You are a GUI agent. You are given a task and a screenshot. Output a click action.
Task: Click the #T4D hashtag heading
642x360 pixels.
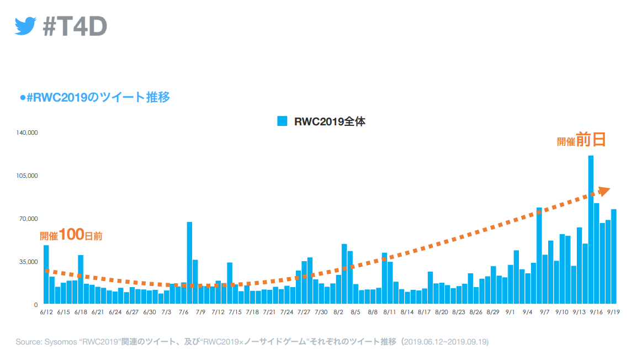click(75, 26)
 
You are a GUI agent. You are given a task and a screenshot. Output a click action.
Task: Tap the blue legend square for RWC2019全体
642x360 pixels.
click(282, 121)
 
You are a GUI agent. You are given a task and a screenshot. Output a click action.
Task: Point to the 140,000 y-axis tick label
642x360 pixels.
click(26, 133)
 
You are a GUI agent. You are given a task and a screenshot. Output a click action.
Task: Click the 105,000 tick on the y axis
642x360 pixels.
click(26, 176)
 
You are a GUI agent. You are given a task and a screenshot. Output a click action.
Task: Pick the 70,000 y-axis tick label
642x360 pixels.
click(28, 219)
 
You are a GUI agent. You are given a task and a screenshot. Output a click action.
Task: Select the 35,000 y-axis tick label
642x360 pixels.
click(28, 262)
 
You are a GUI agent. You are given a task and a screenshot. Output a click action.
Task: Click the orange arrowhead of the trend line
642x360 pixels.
click(604, 190)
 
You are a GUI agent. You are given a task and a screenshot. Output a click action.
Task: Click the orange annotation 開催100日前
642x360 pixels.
click(71, 235)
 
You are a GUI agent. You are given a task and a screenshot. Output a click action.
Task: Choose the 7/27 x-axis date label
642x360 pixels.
click(304, 313)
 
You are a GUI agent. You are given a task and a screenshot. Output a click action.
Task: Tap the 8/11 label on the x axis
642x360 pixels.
click(390, 313)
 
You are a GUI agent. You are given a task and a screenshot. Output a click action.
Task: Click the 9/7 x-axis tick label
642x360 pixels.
click(544, 313)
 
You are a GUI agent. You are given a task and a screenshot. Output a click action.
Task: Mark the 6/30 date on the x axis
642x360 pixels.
click(150, 313)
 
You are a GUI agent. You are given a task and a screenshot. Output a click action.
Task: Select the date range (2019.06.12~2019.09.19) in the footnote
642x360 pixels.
click(445, 342)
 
